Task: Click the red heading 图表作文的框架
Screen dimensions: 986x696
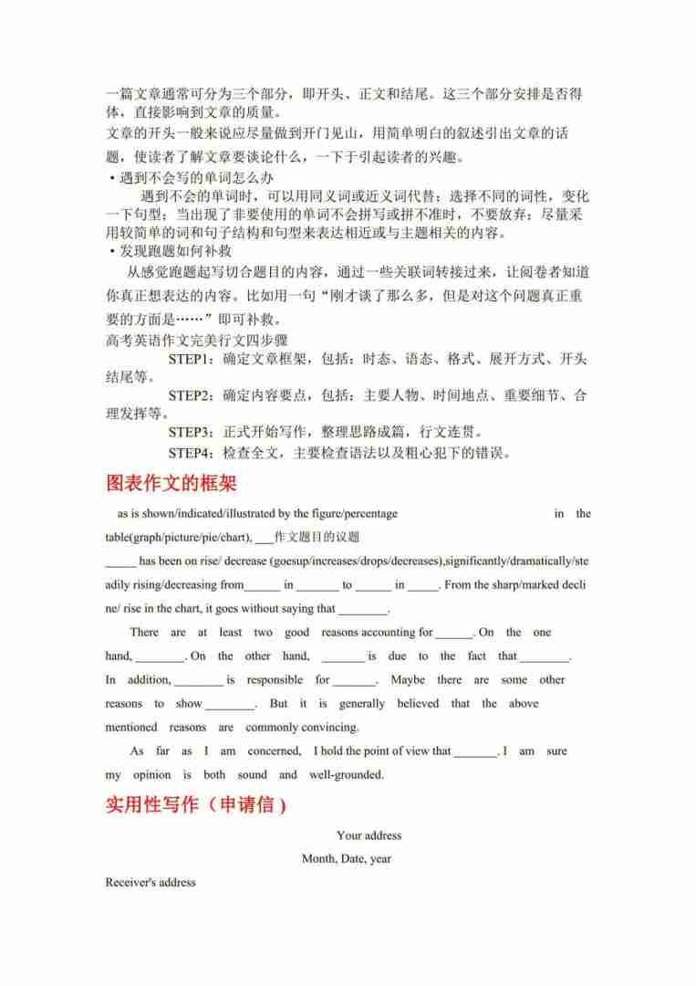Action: [171, 483]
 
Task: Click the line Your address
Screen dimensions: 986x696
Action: [369, 835]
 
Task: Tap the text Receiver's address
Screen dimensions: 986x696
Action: [151, 883]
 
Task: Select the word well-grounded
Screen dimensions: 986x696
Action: [347, 775]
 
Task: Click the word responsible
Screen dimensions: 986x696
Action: [275, 680]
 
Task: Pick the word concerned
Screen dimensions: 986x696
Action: [274, 751]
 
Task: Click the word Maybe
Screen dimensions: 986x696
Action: [407, 680]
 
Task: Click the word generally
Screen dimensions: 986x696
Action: [362, 704]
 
